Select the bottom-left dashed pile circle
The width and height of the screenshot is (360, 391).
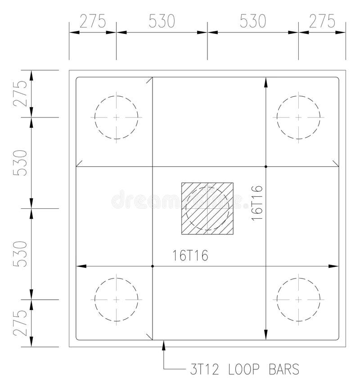coord(116,299)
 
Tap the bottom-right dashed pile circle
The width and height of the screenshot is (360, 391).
coord(298,299)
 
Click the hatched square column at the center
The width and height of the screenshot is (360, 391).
coord(207,208)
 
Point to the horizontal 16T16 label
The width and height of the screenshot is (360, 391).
coord(190,256)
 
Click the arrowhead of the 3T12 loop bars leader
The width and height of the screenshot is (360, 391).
coord(164,345)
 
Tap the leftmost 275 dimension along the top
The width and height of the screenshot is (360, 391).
coord(92,21)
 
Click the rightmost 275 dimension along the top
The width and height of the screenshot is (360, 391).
coord(322,21)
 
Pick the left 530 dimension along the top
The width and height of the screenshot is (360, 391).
coord(162,21)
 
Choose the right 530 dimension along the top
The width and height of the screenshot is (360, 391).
coord(252,21)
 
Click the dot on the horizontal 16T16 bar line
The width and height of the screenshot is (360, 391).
coord(153,267)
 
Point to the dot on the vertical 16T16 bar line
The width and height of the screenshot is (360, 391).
coord(266,167)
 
